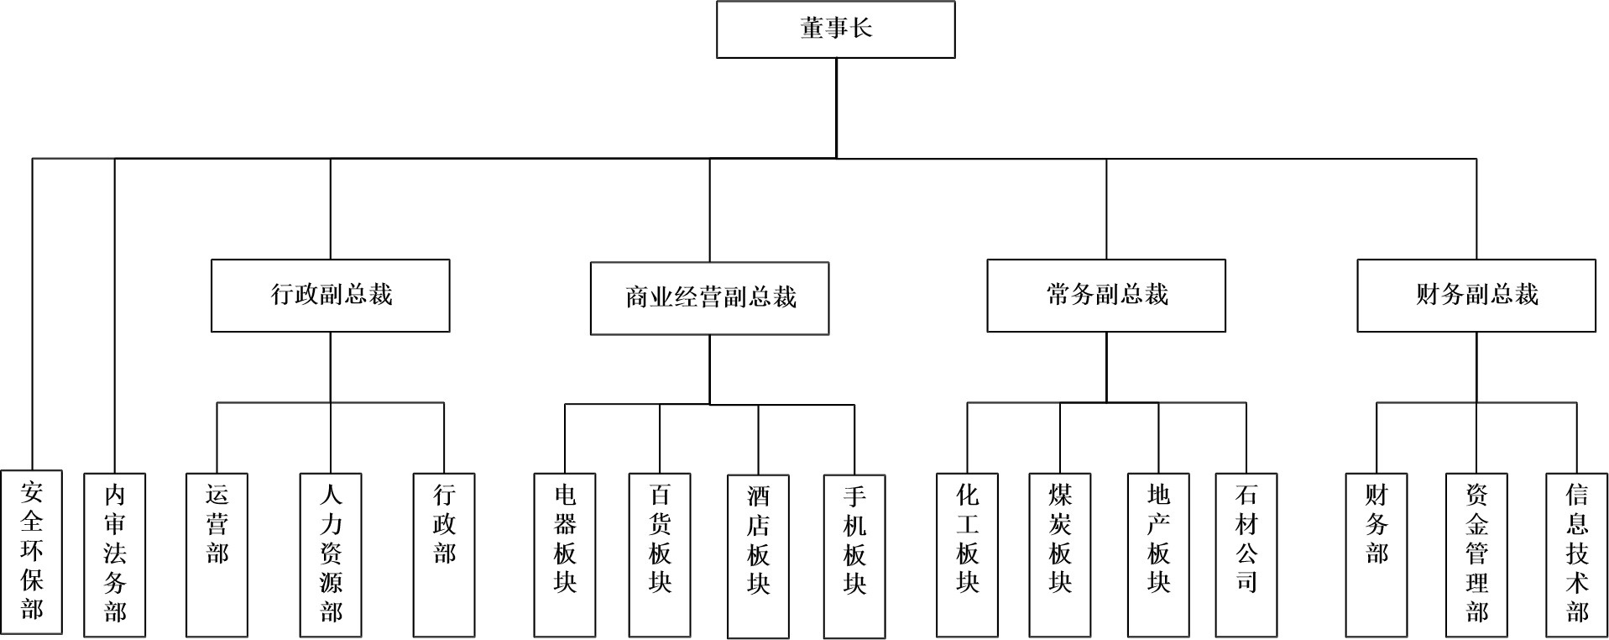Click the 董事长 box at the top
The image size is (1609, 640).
(835, 29)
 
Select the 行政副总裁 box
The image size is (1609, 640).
(330, 295)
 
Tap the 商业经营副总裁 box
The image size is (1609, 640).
(709, 298)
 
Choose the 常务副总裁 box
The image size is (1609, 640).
(1105, 295)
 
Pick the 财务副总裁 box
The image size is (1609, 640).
(1476, 295)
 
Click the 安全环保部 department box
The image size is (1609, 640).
(32, 552)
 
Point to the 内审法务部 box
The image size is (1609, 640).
(114, 553)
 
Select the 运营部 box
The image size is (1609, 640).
(217, 553)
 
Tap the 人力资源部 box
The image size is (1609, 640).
(331, 553)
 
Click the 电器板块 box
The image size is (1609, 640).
(565, 553)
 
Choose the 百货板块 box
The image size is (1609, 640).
(660, 553)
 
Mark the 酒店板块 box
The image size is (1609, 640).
(758, 555)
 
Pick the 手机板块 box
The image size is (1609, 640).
(854, 555)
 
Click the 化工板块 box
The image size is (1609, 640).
(967, 553)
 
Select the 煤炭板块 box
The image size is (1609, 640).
(1060, 553)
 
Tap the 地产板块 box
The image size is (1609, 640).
(1158, 553)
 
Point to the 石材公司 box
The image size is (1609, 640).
(1246, 553)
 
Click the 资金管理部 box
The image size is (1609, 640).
(1476, 553)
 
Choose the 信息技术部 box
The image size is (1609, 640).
(1577, 553)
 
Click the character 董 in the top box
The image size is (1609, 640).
(811, 29)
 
